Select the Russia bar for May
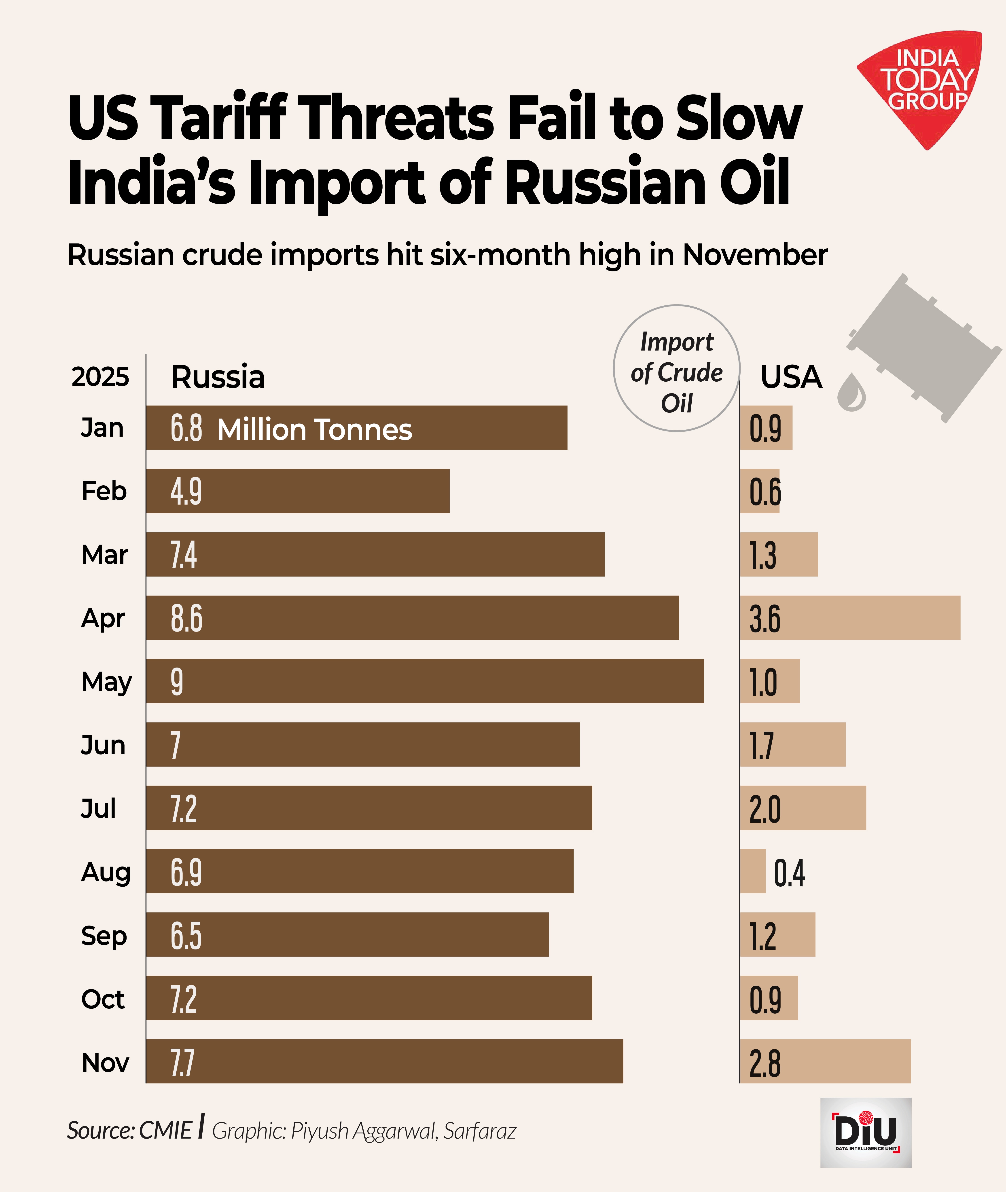click(425, 681)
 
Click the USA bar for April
click(850, 618)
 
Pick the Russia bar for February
click(298, 491)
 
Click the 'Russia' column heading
click(218, 377)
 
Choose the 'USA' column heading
click(791, 377)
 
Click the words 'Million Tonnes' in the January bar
click(314, 429)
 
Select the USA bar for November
click(825, 1061)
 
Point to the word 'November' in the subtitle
click(754, 255)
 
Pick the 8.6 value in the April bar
click(186, 619)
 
